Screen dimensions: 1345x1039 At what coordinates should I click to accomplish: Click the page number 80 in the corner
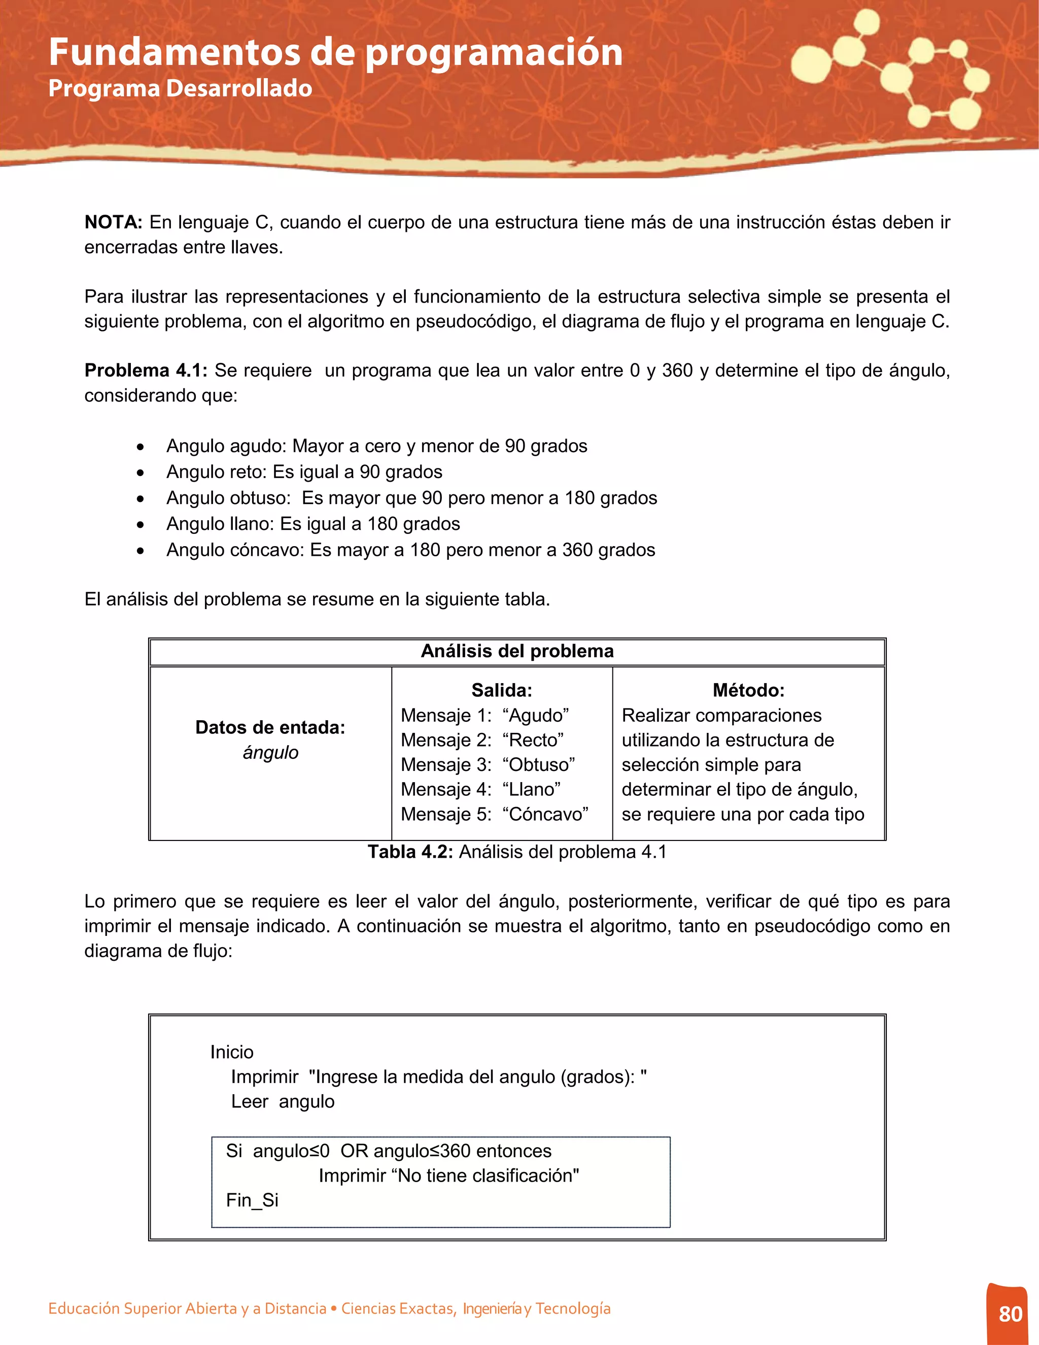click(x=1010, y=1314)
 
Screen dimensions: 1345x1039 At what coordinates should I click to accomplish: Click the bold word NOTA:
click(x=113, y=222)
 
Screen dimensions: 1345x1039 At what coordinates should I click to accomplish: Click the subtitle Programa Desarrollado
click(x=180, y=88)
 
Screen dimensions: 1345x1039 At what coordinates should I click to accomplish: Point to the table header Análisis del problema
click(x=517, y=652)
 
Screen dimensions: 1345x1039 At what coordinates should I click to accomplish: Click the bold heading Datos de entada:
click(x=270, y=727)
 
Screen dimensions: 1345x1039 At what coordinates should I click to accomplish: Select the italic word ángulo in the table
click(x=270, y=753)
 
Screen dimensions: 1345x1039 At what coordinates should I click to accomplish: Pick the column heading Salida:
click(x=502, y=690)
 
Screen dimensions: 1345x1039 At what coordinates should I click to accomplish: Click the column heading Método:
click(x=748, y=690)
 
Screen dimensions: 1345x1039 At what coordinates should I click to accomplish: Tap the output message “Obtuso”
click(x=539, y=765)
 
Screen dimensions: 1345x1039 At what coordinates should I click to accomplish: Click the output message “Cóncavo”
click(x=545, y=814)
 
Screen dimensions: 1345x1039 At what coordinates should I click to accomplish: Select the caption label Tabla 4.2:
click(x=410, y=852)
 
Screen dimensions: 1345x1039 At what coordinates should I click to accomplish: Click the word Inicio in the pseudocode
click(x=231, y=1052)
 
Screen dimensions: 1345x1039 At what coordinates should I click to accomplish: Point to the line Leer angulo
click(x=283, y=1101)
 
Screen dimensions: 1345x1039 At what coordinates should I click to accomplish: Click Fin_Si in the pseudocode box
click(x=252, y=1200)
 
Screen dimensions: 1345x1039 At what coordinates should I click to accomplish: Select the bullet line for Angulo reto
click(x=304, y=472)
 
